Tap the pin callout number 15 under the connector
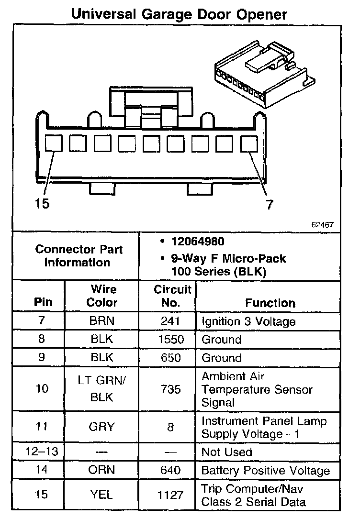(x=42, y=203)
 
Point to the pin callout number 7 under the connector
(x=270, y=205)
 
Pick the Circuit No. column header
(x=172, y=296)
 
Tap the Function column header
(x=270, y=303)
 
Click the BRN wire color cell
(x=102, y=321)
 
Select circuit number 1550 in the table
(x=170, y=340)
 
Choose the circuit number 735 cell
(x=170, y=389)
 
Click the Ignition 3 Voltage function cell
(x=248, y=321)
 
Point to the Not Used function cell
(x=227, y=452)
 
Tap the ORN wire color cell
(x=102, y=470)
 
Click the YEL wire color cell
(x=102, y=495)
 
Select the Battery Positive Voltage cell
(x=266, y=470)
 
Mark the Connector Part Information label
(x=79, y=256)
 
